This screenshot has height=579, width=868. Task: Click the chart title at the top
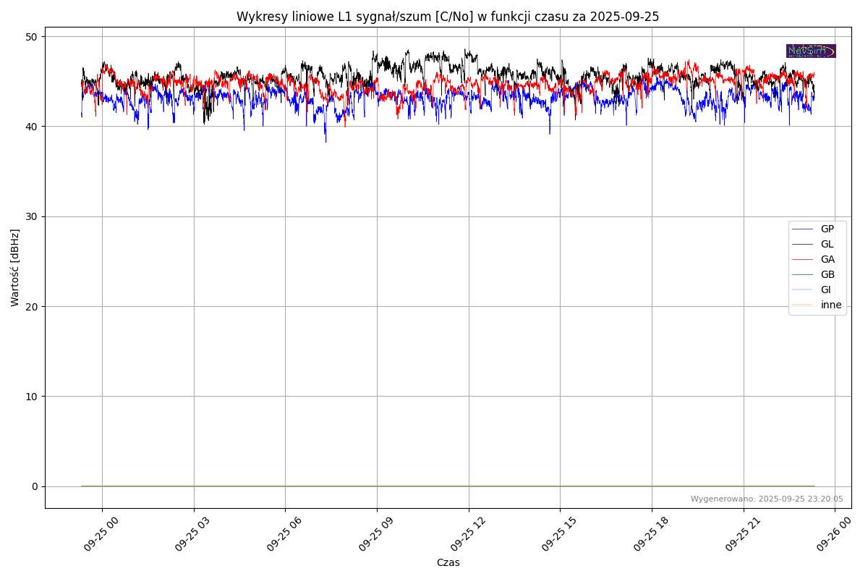click(448, 17)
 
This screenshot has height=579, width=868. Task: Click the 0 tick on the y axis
click(34, 486)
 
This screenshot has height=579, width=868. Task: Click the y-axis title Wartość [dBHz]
click(15, 268)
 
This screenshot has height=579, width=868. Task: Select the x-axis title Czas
click(448, 562)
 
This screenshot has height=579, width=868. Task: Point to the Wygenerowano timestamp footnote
click(767, 499)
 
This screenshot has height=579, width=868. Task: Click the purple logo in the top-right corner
click(811, 51)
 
